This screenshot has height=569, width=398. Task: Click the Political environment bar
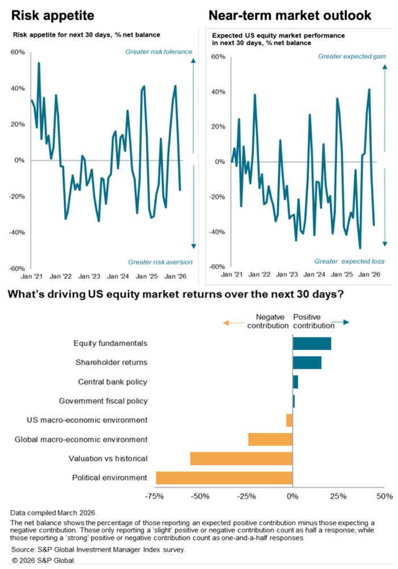click(x=224, y=477)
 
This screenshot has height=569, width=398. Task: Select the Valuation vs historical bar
click(x=241, y=459)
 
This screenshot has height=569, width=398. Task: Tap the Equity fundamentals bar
click(x=312, y=344)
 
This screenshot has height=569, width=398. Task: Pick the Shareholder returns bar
click(x=307, y=362)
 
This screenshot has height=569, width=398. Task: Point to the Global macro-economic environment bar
click(x=270, y=439)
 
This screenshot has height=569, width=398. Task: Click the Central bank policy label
click(x=113, y=381)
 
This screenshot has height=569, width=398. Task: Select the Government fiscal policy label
click(x=103, y=401)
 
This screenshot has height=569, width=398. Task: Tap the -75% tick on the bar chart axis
click(x=155, y=496)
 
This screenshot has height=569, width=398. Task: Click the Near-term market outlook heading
click(x=290, y=15)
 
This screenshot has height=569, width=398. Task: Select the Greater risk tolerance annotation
click(x=159, y=52)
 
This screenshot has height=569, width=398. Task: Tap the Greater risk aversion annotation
click(x=160, y=262)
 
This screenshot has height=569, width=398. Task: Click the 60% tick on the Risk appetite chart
click(x=18, y=52)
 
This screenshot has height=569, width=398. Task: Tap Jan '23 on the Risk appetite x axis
click(x=89, y=276)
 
